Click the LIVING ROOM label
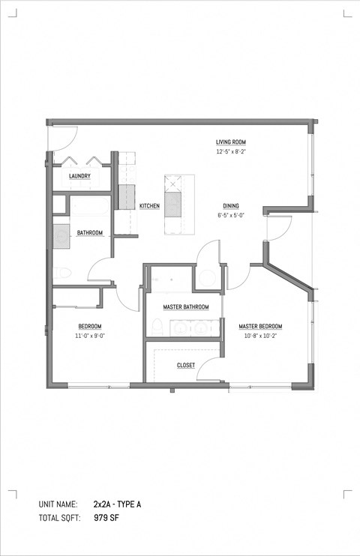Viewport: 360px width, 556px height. [x=230, y=142]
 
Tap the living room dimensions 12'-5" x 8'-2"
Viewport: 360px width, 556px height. [x=230, y=152]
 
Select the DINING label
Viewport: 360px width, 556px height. [x=231, y=206]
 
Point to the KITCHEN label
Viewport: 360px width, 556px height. [x=148, y=206]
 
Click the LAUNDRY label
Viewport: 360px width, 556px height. [x=79, y=177]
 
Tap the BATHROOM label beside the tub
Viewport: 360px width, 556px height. [x=89, y=233]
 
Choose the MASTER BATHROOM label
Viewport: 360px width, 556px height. [x=185, y=306]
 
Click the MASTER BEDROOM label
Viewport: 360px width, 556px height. [x=260, y=327]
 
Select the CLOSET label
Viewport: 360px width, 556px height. [x=185, y=366]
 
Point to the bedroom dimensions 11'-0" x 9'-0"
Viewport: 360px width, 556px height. [x=90, y=336]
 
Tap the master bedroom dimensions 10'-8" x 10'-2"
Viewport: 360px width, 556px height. [x=260, y=336]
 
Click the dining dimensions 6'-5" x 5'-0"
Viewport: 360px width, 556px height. [x=231, y=216]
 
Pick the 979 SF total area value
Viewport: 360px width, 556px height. [x=106, y=518]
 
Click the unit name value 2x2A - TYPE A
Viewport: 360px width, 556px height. [x=117, y=504]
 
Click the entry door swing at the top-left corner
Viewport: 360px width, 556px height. [x=61, y=137]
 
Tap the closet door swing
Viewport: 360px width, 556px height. [x=213, y=367]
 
